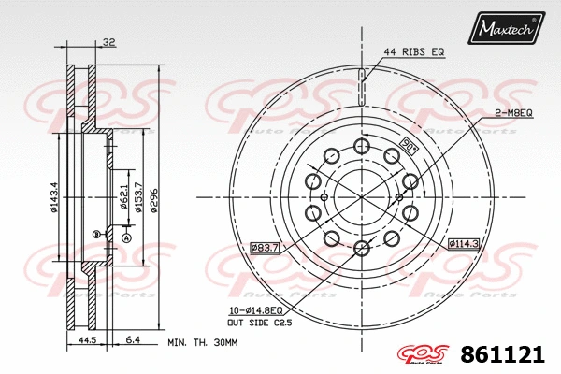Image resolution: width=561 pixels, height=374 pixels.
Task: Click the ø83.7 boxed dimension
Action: tap(266, 247)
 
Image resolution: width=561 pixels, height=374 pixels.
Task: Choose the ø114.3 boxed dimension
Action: tap(463, 244)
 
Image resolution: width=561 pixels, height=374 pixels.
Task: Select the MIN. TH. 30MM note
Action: tap(201, 343)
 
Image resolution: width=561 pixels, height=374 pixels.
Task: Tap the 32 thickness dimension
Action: tap(109, 42)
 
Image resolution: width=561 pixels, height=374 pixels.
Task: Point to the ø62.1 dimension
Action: tap(123, 196)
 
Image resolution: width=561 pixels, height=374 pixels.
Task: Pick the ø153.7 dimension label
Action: tap(138, 196)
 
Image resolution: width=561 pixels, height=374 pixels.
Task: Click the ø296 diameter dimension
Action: tap(155, 196)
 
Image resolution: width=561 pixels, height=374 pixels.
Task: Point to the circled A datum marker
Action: tap(125, 238)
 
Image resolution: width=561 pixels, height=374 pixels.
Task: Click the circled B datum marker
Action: tap(95, 233)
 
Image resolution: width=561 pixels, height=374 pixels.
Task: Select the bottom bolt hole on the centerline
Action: tap(362, 248)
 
